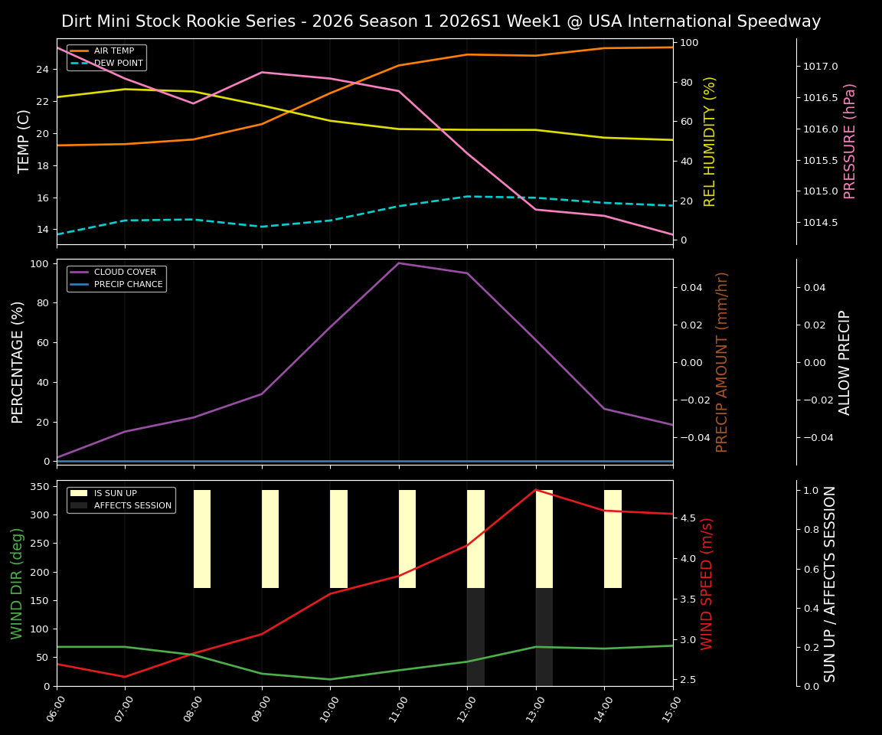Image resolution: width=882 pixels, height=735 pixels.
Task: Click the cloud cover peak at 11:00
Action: point(399,263)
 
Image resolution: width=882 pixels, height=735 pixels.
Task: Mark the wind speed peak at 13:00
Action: point(536,490)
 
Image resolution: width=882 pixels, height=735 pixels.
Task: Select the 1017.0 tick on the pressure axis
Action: point(820,67)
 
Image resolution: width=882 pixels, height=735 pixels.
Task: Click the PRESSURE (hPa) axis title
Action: point(850,141)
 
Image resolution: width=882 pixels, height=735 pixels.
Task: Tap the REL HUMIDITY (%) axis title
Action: point(710,141)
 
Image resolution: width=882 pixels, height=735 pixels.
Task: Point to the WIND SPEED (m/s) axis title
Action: point(707,583)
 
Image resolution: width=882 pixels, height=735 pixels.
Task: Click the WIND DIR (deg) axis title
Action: point(17,583)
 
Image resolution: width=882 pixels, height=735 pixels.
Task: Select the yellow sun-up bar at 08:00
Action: point(202,539)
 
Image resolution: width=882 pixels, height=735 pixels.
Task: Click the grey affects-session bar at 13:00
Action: point(544,637)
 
